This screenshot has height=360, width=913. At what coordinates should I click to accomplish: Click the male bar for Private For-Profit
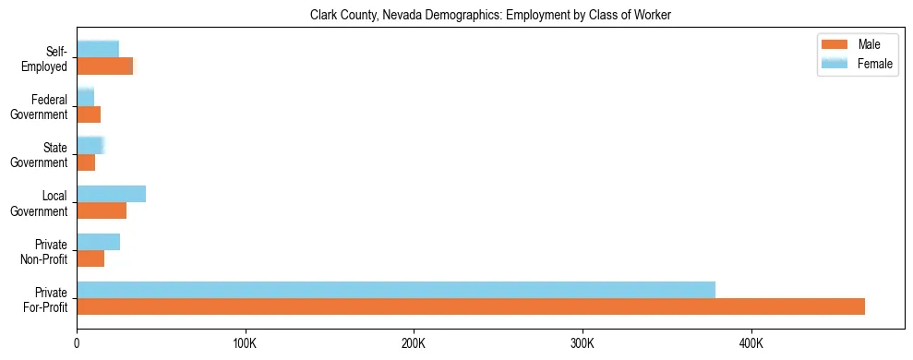pyautogui.click(x=471, y=306)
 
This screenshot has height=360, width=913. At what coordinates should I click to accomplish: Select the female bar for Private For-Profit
pyautogui.click(x=396, y=290)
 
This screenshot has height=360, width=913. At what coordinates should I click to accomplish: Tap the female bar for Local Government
pyautogui.click(x=111, y=194)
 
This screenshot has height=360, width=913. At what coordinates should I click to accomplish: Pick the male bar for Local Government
pyautogui.click(x=102, y=210)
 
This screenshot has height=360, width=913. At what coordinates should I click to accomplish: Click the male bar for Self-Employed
pyautogui.click(x=104, y=66)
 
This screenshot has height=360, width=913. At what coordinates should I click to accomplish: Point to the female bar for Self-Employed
pyautogui.click(x=98, y=49)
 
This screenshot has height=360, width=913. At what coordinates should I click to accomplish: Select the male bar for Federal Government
pyautogui.click(x=89, y=114)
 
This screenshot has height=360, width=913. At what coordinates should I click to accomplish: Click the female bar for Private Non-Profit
pyautogui.click(x=98, y=242)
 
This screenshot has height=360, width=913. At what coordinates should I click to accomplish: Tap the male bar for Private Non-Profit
pyautogui.click(x=90, y=258)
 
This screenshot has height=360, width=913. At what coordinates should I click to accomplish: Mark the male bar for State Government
pyautogui.click(x=86, y=162)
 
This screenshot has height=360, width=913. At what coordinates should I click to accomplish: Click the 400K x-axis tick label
pyautogui.click(x=751, y=343)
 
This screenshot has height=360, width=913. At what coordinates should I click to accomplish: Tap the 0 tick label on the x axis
pyautogui.click(x=77, y=343)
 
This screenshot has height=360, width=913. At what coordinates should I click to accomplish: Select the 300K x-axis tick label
pyautogui.click(x=583, y=343)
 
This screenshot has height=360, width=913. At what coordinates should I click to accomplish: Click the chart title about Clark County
pyautogui.click(x=490, y=15)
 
